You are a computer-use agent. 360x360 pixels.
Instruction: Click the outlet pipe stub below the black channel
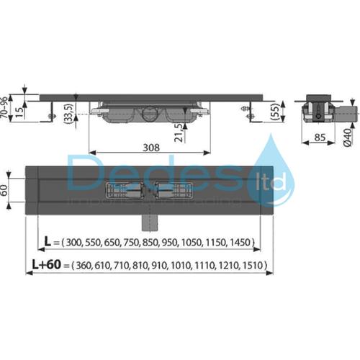[x=150, y=217]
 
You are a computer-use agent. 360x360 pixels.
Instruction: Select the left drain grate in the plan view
[x=124, y=192]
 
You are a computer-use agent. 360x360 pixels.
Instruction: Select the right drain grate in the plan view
[x=174, y=192]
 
